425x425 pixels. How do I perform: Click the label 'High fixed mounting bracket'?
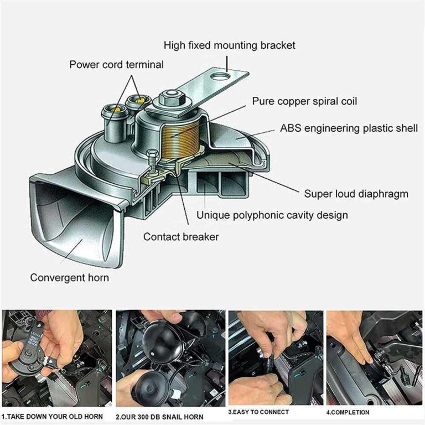230,45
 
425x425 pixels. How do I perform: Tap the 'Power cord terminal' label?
116,65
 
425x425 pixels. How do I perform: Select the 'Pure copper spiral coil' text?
304,101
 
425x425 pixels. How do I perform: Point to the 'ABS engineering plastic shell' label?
349,128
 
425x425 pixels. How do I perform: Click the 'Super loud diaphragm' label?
356,194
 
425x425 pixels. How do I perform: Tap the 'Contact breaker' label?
181,237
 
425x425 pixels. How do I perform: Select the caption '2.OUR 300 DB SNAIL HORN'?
159,417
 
